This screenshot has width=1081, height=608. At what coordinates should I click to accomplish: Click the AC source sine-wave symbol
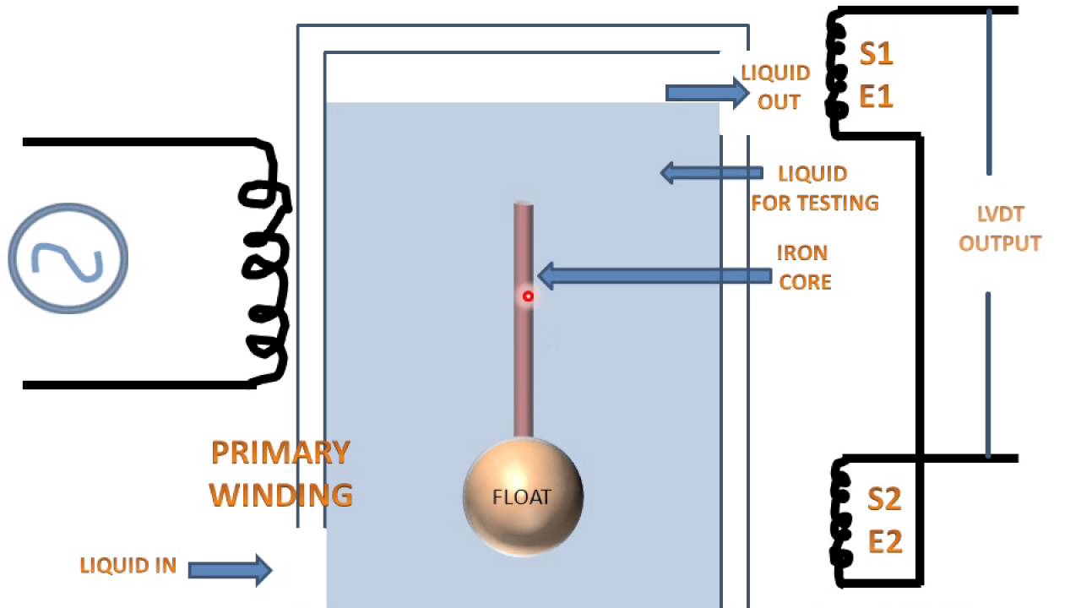[68, 258]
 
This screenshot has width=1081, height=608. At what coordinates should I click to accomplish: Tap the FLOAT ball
[523, 497]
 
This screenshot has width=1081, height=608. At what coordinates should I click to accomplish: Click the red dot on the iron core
[528, 296]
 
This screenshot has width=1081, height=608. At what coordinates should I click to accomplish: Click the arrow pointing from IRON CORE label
[654, 276]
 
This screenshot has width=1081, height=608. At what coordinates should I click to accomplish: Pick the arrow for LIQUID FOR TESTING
[710, 173]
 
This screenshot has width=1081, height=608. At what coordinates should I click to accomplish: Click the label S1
[876, 54]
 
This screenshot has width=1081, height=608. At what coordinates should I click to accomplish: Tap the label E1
[876, 96]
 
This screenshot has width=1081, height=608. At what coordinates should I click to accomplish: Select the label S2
[884, 499]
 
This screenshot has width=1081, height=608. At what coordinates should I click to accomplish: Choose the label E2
[884, 541]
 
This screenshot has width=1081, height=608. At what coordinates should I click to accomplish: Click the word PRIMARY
[280, 453]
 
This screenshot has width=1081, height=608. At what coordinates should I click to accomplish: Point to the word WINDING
[280, 494]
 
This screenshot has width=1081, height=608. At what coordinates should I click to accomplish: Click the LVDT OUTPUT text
[1000, 230]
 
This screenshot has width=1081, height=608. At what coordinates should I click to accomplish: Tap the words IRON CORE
[804, 267]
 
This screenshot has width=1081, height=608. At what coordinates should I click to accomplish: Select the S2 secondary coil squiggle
[840, 519]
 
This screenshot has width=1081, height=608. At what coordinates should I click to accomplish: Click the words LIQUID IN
[128, 566]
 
